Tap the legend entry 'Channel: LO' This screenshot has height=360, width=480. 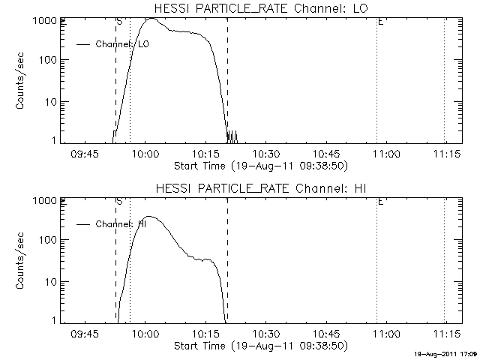click(x=123, y=44)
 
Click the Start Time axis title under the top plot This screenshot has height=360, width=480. click(x=259, y=165)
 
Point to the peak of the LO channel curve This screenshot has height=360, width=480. click(x=151, y=19)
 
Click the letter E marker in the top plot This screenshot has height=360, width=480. click(x=381, y=22)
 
